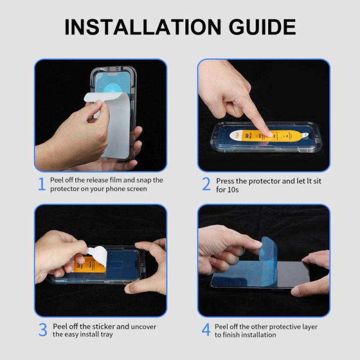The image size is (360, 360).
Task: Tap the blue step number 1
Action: [41, 184]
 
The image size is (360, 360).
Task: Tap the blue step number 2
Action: [206, 184]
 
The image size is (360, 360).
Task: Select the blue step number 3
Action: [42, 330]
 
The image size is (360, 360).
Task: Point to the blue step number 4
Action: [206, 330]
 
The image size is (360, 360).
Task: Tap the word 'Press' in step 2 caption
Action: [226, 181]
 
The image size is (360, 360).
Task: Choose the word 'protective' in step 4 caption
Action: [281, 327]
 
